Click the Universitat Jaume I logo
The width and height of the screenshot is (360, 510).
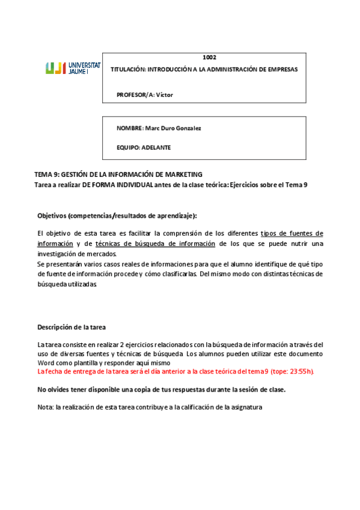pos(73,68)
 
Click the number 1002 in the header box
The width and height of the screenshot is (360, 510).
pos(209,58)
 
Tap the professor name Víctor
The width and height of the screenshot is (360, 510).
pos(165,94)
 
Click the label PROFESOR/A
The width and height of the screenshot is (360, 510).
pos(135,94)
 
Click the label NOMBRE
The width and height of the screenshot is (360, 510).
pos(129,129)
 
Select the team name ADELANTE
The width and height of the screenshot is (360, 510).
pos(156,147)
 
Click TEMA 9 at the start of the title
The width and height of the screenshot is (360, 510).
pos(46,174)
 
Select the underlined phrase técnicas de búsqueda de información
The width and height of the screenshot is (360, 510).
pos(155,244)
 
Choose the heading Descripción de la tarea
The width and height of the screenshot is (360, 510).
pos(72,327)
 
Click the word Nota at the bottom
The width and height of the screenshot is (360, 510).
pos(44,407)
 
